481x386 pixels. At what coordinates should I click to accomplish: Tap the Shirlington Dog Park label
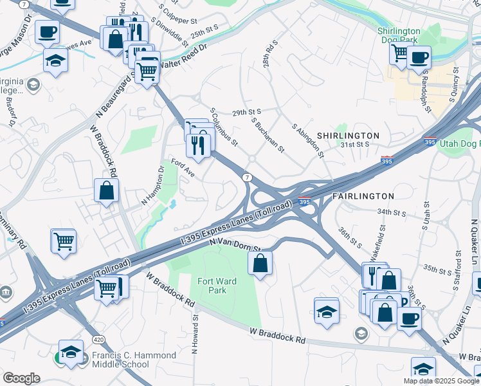pos(399,36)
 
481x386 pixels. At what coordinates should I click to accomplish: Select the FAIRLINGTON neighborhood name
pos(362,196)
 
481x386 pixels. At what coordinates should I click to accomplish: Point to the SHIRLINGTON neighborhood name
pos(348,136)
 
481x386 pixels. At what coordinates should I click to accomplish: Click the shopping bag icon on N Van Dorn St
pos(260,262)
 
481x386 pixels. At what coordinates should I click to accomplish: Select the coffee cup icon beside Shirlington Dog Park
pos(419,57)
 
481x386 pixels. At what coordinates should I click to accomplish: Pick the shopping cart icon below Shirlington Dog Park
pos(399,53)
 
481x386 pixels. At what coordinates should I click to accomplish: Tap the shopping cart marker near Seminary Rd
pos(64,241)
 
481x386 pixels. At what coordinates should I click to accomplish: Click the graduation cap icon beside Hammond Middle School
pos(70,352)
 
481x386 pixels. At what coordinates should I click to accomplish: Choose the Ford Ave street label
pos(182,169)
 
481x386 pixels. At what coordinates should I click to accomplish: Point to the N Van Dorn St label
pos(235,243)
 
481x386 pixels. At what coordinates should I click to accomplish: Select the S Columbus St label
pos(224,127)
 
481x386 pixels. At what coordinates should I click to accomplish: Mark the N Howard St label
pos(194,334)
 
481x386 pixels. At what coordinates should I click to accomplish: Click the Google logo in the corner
pos(21,378)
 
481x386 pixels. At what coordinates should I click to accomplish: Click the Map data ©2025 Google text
pos(441,381)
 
